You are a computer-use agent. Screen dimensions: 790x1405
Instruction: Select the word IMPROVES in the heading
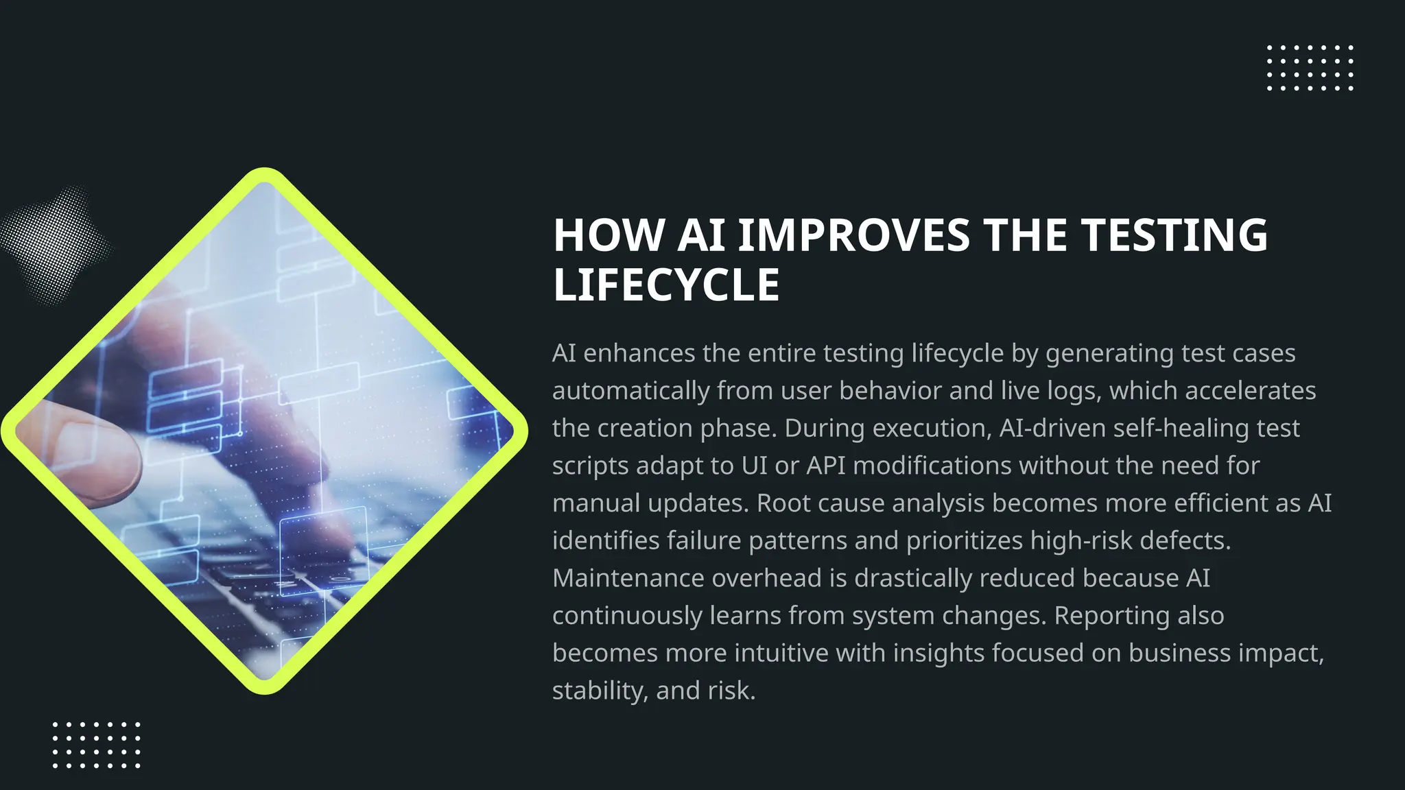[x=853, y=235]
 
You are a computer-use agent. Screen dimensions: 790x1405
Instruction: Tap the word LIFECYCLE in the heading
[x=666, y=285]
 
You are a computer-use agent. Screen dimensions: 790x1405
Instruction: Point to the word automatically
[x=631, y=391]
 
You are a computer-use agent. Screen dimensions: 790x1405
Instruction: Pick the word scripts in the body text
[x=590, y=466]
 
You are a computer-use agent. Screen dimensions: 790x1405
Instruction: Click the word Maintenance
[x=628, y=578]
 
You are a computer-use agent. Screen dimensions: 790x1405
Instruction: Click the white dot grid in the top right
[x=1310, y=68]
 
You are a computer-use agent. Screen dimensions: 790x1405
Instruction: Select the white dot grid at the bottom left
[x=97, y=745]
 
